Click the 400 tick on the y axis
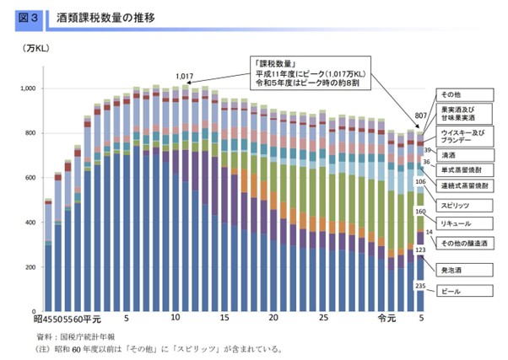pyautogui.click(x=32, y=223)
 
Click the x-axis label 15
pyautogui.click(x=224, y=320)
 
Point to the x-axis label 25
pyautogui.click(x=323, y=320)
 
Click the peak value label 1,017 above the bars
pyautogui.click(x=185, y=77)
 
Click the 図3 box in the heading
pyautogui.click(x=24, y=16)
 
